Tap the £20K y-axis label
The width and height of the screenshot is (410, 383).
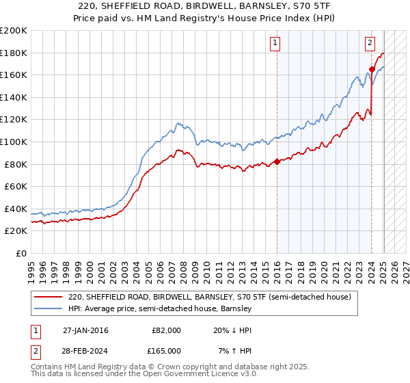click(x=16, y=231)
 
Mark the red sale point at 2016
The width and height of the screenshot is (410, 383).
click(x=277, y=162)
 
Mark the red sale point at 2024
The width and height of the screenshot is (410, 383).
click(x=371, y=69)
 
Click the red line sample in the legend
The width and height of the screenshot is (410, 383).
click(x=49, y=298)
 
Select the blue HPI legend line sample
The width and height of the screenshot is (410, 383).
click(x=49, y=309)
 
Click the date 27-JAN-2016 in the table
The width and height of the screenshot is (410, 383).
click(x=85, y=330)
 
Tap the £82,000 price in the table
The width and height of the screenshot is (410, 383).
click(x=166, y=330)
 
